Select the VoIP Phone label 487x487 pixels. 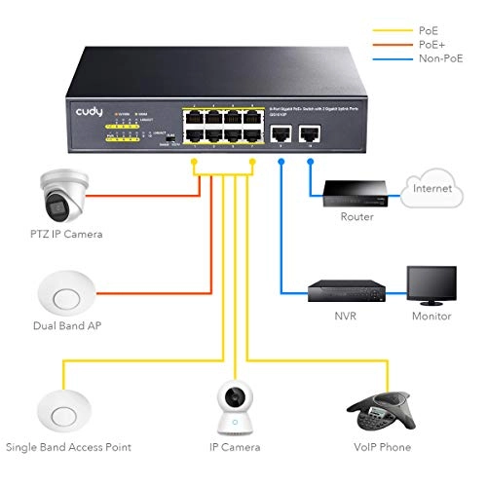click(384, 447)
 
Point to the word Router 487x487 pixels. click(356, 217)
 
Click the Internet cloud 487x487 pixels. click(429, 186)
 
